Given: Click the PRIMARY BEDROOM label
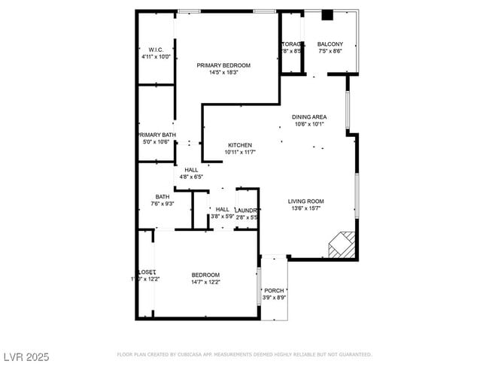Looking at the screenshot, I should pos(223,65).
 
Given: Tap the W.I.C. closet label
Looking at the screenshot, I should pos(156,50).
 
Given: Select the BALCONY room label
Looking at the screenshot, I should pos(330,44).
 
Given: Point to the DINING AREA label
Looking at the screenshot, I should pos(308,117).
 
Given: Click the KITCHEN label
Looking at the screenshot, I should pos(240,145).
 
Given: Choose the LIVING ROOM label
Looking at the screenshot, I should pos(305,201).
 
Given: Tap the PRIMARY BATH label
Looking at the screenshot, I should pos(156,135).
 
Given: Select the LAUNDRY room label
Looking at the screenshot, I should pos(247,210).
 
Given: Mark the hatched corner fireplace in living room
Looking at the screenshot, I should pos(342,244).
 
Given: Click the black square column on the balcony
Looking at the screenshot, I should pos(327,15).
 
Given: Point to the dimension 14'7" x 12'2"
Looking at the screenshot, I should pos(205,282).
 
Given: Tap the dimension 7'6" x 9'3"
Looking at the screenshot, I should pos(162,204).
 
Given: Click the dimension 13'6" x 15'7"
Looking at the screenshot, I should pos(305,209).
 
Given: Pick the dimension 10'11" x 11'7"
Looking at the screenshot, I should pos(240,153).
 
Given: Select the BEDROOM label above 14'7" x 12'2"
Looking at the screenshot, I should pos(205,274).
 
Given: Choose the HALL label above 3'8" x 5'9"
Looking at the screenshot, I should pos(223,209).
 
